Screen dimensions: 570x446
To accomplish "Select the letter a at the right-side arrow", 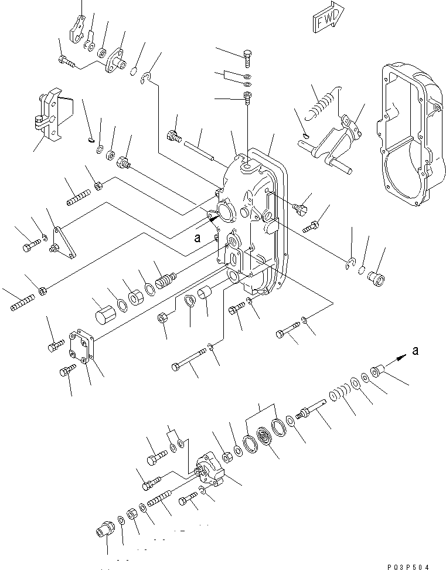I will [416, 351].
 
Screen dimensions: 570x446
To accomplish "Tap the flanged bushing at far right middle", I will [375, 273].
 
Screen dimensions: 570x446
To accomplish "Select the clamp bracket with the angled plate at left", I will [52, 117].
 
